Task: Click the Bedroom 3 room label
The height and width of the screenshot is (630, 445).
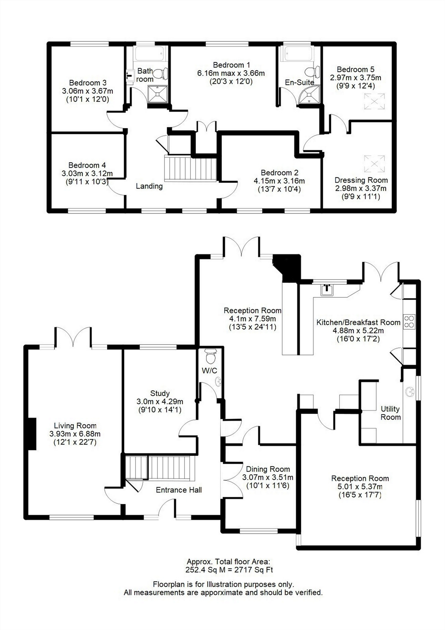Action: click(x=87, y=83)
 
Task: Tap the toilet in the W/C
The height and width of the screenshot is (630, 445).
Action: click(x=210, y=356)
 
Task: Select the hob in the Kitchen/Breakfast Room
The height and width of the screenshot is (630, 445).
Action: click(x=409, y=322)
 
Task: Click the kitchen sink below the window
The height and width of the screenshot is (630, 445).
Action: click(x=327, y=290)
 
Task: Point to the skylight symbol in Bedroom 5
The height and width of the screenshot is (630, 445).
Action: click(x=374, y=101)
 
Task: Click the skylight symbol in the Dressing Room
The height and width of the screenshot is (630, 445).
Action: click(x=374, y=164)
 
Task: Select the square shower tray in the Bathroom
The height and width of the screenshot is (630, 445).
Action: click(x=157, y=94)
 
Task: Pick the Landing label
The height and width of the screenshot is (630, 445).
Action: click(x=149, y=186)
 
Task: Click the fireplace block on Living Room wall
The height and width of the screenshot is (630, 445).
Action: click(x=31, y=433)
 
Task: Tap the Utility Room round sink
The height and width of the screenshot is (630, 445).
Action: click(x=410, y=392)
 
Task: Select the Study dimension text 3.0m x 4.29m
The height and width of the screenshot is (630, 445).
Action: click(x=160, y=402)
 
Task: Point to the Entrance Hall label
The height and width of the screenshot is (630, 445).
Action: click(x=179, y=490)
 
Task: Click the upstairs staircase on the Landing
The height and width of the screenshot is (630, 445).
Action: click(x=190, y=169)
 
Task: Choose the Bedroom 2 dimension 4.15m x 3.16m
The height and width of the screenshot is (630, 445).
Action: click(x=279, y=181)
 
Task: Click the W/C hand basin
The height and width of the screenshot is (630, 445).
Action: click(x=218, y=382)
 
